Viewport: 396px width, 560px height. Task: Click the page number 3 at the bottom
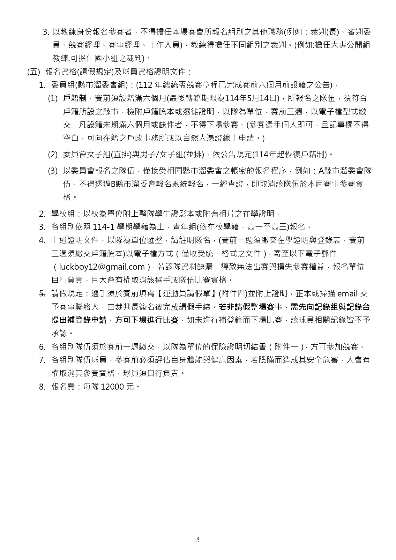tap(198, 540)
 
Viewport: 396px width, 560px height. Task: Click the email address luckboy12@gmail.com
tap(102, 267)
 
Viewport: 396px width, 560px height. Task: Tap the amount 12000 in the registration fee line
tap(112, 387)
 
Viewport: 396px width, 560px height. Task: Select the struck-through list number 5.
tap(42, 293)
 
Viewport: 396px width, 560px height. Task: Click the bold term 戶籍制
tap(75, 98)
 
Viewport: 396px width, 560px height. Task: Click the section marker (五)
tap(34, 71)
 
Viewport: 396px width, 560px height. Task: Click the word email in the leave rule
tap(347, 294)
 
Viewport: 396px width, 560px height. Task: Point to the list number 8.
tap(42, 387)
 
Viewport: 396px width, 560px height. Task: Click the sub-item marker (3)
tap(53, 171)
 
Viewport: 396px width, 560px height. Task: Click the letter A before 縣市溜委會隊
tap(321, 171)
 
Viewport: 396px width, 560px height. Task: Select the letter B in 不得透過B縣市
tap(113, 184)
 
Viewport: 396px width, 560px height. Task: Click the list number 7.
tap(42, 360)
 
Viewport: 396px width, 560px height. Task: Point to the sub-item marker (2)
tap(53, 155)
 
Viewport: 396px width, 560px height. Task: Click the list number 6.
tap(42, 347)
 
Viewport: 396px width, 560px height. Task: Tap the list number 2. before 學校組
tap(42, 213)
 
